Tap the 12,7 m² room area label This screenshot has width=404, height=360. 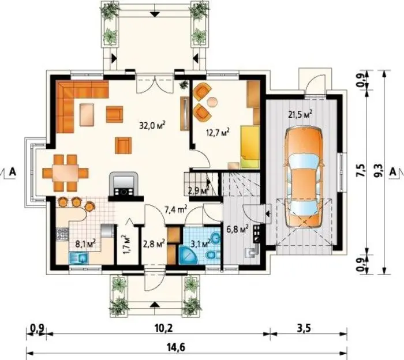pos(218,133)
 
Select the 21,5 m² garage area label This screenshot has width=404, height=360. pos(301,114)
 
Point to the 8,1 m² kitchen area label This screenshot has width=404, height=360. pos(85,243)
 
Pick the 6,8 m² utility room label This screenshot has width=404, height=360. pos(238,228)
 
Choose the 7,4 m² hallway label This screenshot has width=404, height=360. pos(176,209)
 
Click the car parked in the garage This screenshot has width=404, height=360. pos(304,177)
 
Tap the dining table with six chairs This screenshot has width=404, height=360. pos(65,172)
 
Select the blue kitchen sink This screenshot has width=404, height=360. pos(78,258)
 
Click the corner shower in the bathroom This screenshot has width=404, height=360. pos(187,254)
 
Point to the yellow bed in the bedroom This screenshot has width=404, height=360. pos(250,147)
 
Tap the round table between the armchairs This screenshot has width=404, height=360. pos(213,101)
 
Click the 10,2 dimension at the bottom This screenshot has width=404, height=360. pos(163,328)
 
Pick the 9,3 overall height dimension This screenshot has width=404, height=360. pos(380,171)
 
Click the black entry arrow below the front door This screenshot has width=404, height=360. pos(154,305)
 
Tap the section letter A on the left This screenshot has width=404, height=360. pos(12,171)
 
